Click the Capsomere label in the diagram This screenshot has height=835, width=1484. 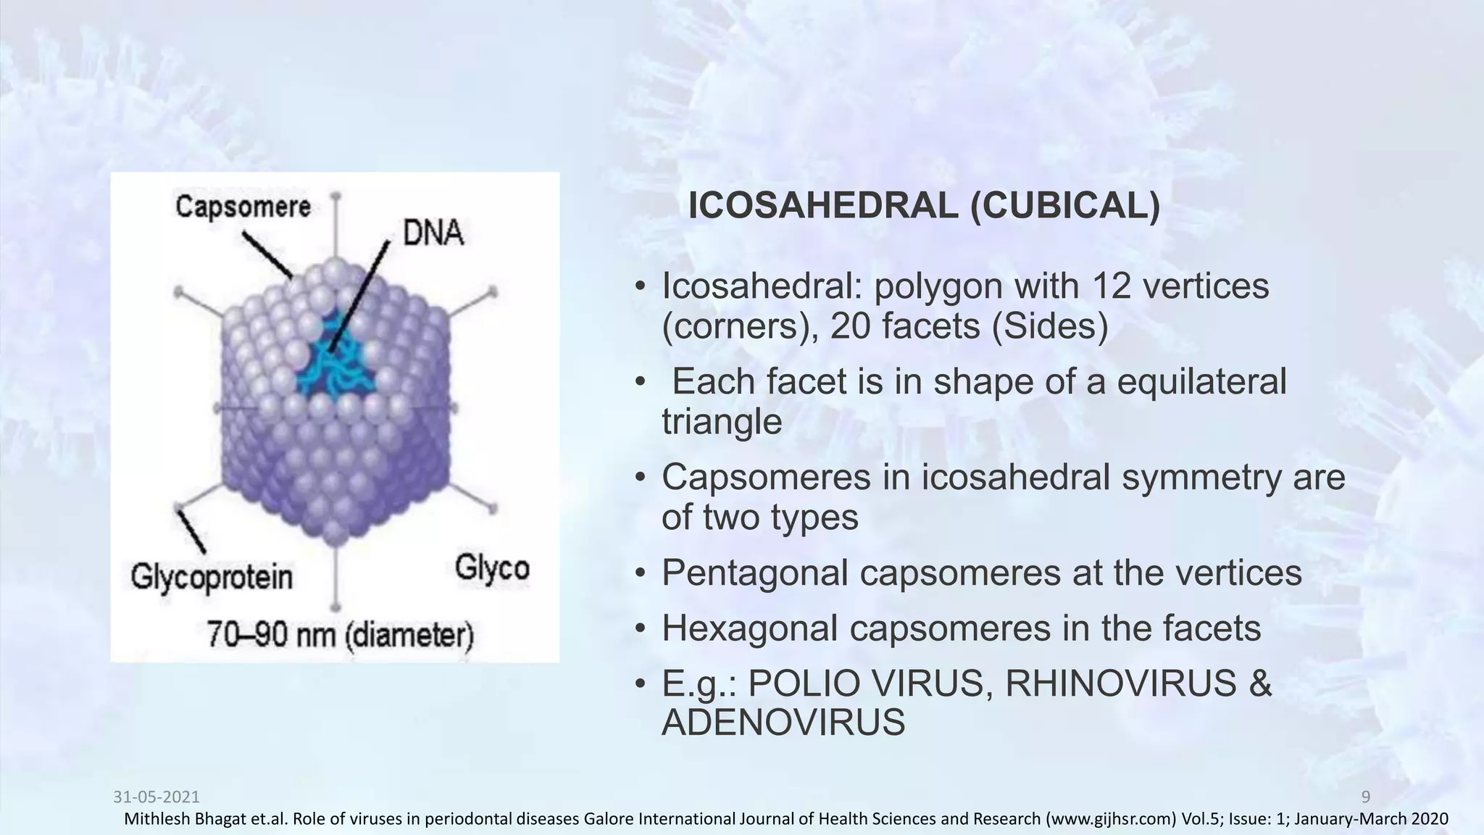243,207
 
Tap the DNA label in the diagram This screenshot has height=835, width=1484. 433,233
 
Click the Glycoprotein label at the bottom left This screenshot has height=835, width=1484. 212,578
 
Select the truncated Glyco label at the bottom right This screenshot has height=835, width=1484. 492,568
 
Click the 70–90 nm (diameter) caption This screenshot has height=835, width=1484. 340,636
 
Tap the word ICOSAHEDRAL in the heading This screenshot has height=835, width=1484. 822,207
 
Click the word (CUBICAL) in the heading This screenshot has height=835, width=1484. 1065,207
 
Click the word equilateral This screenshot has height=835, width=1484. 1201,382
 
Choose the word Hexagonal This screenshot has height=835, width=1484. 749,628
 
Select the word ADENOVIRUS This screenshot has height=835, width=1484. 783,723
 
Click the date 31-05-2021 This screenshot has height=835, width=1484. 157,797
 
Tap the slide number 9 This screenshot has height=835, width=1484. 1366,797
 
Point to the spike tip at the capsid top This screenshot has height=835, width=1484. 335,196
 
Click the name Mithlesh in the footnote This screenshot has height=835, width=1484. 153,820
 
